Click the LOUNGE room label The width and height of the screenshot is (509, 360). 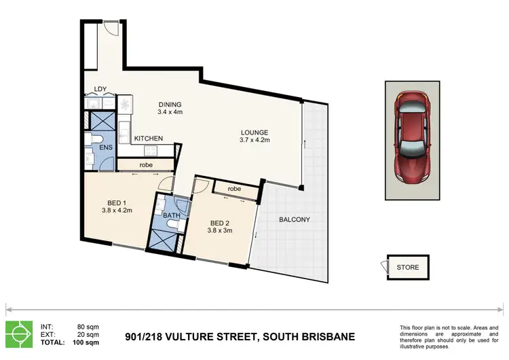(254, 132)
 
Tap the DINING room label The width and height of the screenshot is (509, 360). (170, 105)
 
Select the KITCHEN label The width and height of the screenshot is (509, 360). (149, 139)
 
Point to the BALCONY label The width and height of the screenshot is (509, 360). (295, 219)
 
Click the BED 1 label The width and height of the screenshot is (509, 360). (117, 203)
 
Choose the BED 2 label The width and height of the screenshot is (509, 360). (220, 223)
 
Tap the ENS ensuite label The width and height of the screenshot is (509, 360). (106, 147)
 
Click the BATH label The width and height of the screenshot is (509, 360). (172, 215)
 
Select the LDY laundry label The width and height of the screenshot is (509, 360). (100, 89)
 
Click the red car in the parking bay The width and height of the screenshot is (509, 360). (412, 137)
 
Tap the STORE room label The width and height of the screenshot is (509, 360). (408, 268)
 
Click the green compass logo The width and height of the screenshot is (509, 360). (19, 334)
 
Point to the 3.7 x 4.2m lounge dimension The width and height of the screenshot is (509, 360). (254, 140)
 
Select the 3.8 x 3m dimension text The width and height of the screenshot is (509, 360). (220, 231)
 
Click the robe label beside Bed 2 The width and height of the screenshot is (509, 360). (234, 189)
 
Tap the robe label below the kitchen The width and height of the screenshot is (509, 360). (146, 165)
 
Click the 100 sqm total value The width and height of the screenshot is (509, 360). (86, 342)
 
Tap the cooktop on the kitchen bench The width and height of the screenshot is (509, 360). (151, 150)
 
